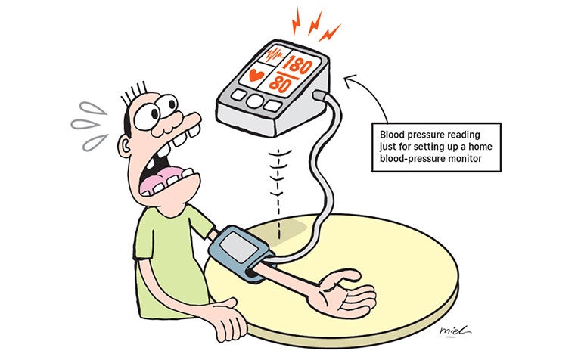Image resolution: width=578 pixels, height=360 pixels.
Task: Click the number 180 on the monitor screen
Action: pos(300,66)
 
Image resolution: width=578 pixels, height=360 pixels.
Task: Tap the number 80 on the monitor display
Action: pos(280,85)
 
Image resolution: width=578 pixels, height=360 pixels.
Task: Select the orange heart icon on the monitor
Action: pos(256,75)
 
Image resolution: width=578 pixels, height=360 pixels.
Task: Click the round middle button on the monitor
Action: pos(255,101)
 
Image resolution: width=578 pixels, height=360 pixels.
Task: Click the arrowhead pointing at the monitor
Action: pos(350,81)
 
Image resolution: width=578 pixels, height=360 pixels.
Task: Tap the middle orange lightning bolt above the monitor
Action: pos(315,23)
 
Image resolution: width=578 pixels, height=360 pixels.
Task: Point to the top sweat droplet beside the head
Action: pos(93,108)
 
